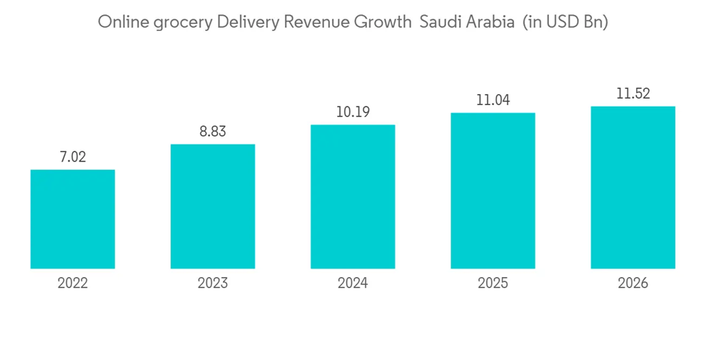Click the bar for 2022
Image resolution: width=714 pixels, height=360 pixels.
(x=72, y=219)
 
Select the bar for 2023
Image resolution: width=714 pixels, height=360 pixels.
(x=212, y=206)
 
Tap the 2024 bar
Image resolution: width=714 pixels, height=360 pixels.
(x=353, y=196)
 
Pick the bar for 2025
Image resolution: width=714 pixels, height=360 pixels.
(x=493, y=191)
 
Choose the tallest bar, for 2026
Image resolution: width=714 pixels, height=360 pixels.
(x=633, y=187)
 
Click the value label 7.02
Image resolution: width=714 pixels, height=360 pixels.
(x=72, y=157)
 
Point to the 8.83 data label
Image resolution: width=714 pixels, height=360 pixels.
(x=212, y=131)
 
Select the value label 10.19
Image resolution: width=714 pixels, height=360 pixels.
(x=353, y=112)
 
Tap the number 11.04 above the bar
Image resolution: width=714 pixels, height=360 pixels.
(x=493, y=100)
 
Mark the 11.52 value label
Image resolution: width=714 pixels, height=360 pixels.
(x=633, y=94)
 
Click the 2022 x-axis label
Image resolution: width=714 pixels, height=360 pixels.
(x=72, y=284)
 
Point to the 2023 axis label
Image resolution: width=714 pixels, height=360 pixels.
(x=212, y=284)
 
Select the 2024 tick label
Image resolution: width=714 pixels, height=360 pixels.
(x=353, y=284)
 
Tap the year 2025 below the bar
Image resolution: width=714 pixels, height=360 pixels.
(x=493, y=284)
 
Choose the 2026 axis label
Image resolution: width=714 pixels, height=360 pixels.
(x=633, y=284)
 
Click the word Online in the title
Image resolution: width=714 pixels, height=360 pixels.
(x=119, y=22)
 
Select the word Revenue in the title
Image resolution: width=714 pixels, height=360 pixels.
(x=316, y=22)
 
